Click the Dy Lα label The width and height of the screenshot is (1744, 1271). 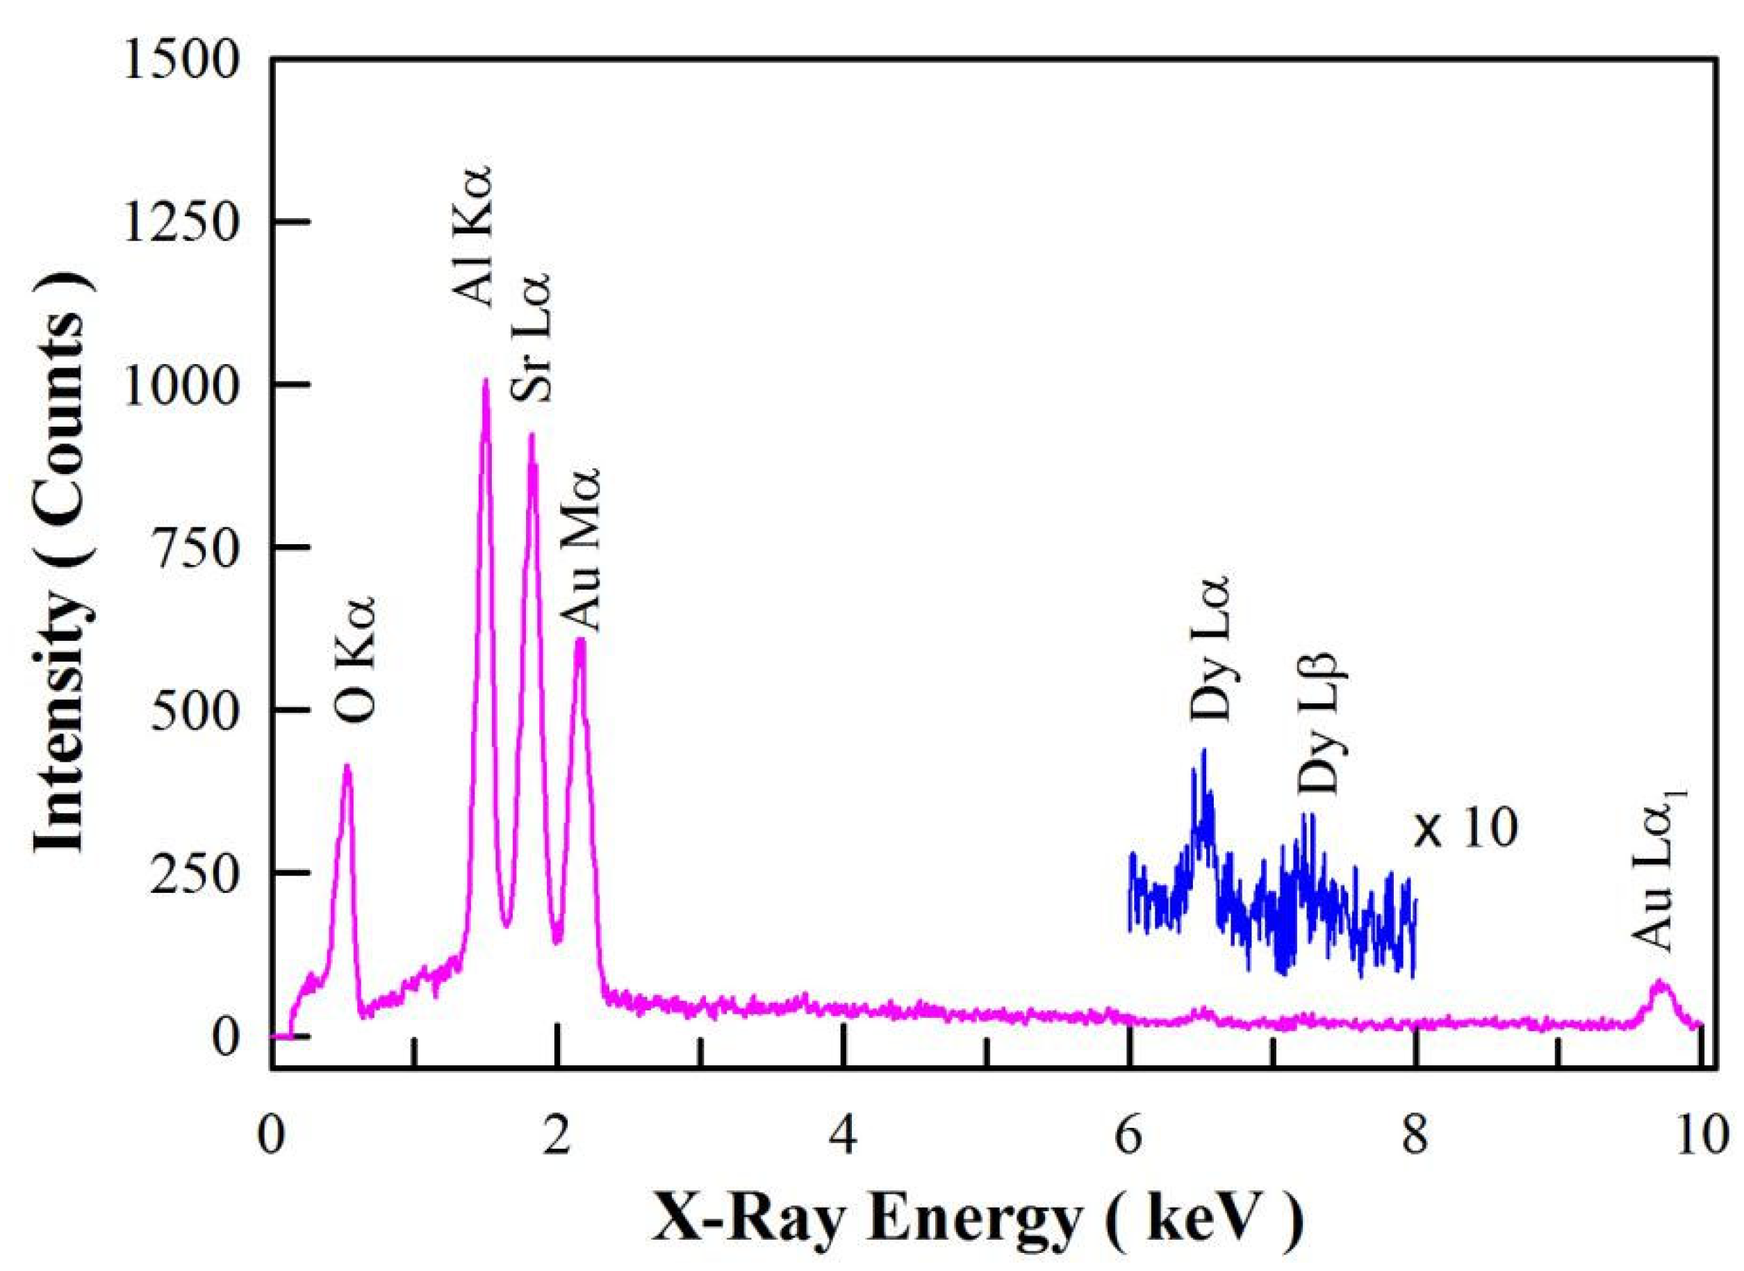pyautogui.click(x=1210, y=657)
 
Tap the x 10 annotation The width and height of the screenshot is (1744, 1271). pyautogui.click(x=1465, y=830)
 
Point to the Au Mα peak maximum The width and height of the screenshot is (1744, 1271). pyautogui.click(x=581, y=640)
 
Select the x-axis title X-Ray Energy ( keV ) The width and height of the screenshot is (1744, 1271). pyautogui.click(x=977, y=1222)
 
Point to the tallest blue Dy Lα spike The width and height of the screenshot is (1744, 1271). pyautogui.click(x=1203, y=750)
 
